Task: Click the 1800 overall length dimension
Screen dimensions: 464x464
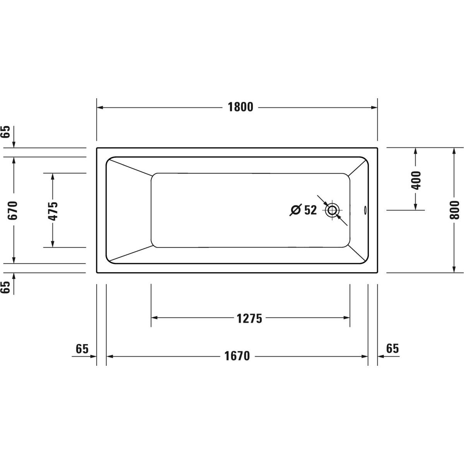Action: point(240,107)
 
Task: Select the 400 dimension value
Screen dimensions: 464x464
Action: point(416,180)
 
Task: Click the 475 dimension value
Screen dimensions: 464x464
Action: point(53,211)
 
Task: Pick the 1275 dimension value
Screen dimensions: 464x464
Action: point(249,319)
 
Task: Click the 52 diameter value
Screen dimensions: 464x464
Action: point(310,210)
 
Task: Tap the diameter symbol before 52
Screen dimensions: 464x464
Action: point(296,210)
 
